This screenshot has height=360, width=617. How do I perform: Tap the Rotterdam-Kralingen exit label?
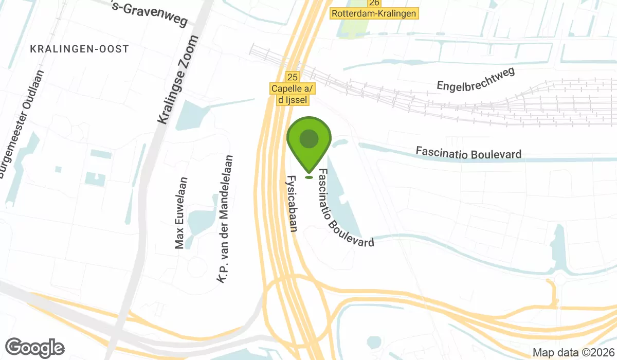374,14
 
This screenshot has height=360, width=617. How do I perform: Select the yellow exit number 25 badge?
292,77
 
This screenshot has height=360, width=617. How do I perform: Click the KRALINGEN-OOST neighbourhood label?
79,49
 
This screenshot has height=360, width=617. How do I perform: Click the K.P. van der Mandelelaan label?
225,219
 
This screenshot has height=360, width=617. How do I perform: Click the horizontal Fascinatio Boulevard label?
468,153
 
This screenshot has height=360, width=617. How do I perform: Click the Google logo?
35,348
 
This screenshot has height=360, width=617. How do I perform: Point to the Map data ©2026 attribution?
573,353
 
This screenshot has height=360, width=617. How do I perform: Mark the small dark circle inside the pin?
308,138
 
